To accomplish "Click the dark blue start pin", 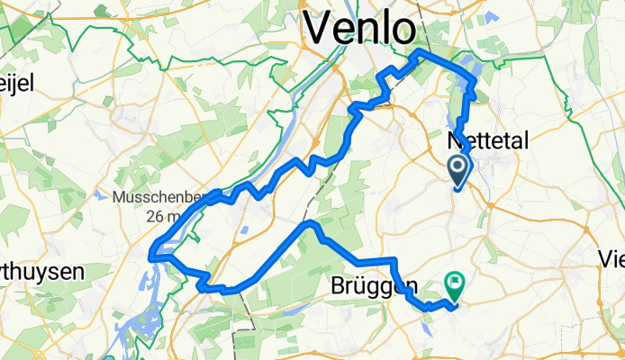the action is coord(457,169).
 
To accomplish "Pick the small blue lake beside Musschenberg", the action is coord(97,194).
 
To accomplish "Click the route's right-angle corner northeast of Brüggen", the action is coord(394,261).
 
